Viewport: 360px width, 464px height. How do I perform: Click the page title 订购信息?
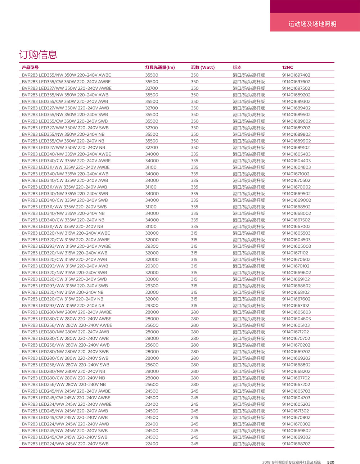click(38, 55)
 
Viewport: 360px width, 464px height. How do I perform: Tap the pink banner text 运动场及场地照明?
click(312, 24)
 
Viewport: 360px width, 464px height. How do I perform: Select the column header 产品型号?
click(30, 67)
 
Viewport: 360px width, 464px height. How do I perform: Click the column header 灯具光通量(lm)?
click(160, 67)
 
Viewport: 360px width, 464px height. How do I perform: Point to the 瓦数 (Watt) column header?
click(203, 67)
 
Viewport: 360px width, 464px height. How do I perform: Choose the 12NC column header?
click(288, 67)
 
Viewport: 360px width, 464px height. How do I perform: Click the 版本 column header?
click(237, 67)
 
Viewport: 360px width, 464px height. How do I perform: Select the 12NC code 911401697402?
click(296, 75)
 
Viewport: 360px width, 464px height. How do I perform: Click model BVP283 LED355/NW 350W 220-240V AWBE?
click(66, 75)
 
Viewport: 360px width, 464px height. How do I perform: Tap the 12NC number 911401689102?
click(296, 148)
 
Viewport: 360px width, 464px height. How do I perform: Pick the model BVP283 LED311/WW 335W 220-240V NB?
click(62, 226)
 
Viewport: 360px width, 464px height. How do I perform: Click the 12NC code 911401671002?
click(296, 174)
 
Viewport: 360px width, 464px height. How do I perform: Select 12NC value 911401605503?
click(296, 233)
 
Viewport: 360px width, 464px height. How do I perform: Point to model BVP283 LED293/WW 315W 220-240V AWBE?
click(66, 246)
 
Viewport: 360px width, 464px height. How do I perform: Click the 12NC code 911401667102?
click(296, 306)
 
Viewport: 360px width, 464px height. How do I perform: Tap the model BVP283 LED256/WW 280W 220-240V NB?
click(64, 384)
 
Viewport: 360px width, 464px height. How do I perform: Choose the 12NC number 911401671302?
click(296, 411)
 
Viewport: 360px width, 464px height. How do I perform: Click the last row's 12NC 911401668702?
click(296, 444)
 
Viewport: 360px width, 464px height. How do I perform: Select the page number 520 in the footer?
click(330, 462)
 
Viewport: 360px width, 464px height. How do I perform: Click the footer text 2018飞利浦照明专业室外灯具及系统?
click(291, 462)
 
